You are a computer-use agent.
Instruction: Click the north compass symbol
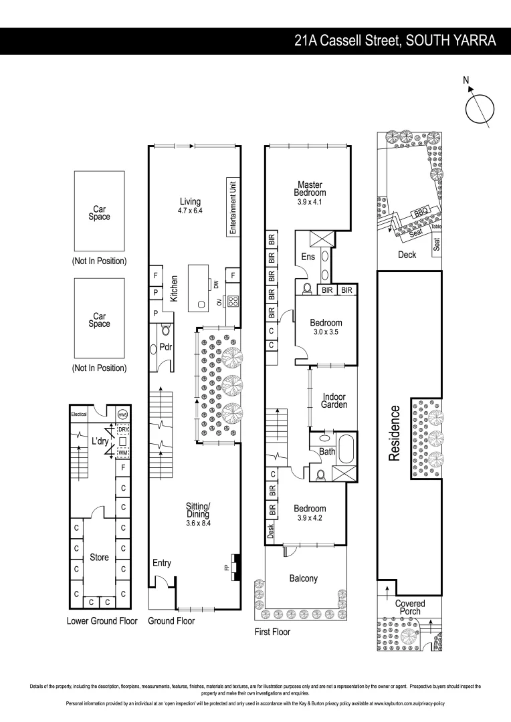[480, 108]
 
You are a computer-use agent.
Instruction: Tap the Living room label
[190, 201]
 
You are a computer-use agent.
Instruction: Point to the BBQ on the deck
[421, 212]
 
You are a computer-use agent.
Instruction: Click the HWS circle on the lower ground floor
[122, 414]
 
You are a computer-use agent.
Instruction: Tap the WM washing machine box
[123, 453]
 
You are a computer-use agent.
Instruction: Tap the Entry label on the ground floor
[162, 563]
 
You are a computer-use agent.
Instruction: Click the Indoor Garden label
[333, 400]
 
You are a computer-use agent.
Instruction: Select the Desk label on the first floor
[271, 532]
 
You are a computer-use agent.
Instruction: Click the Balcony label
[303, 578]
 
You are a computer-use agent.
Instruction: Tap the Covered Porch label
[409, 608]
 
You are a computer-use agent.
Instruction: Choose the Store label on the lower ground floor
[99, 557]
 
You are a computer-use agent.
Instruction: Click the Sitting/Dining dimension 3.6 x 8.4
[198, 523]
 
